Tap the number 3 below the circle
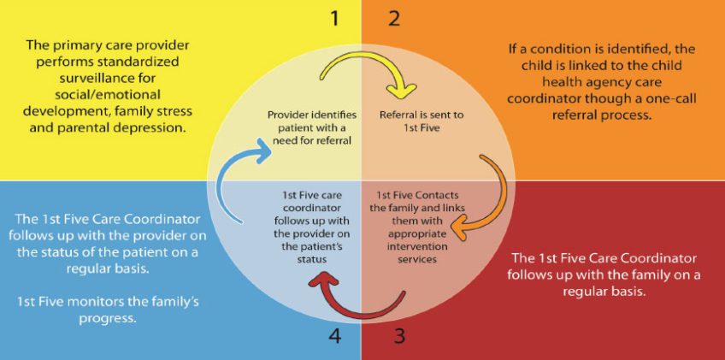pos(398,335)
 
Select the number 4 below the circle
pos(334,335)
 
